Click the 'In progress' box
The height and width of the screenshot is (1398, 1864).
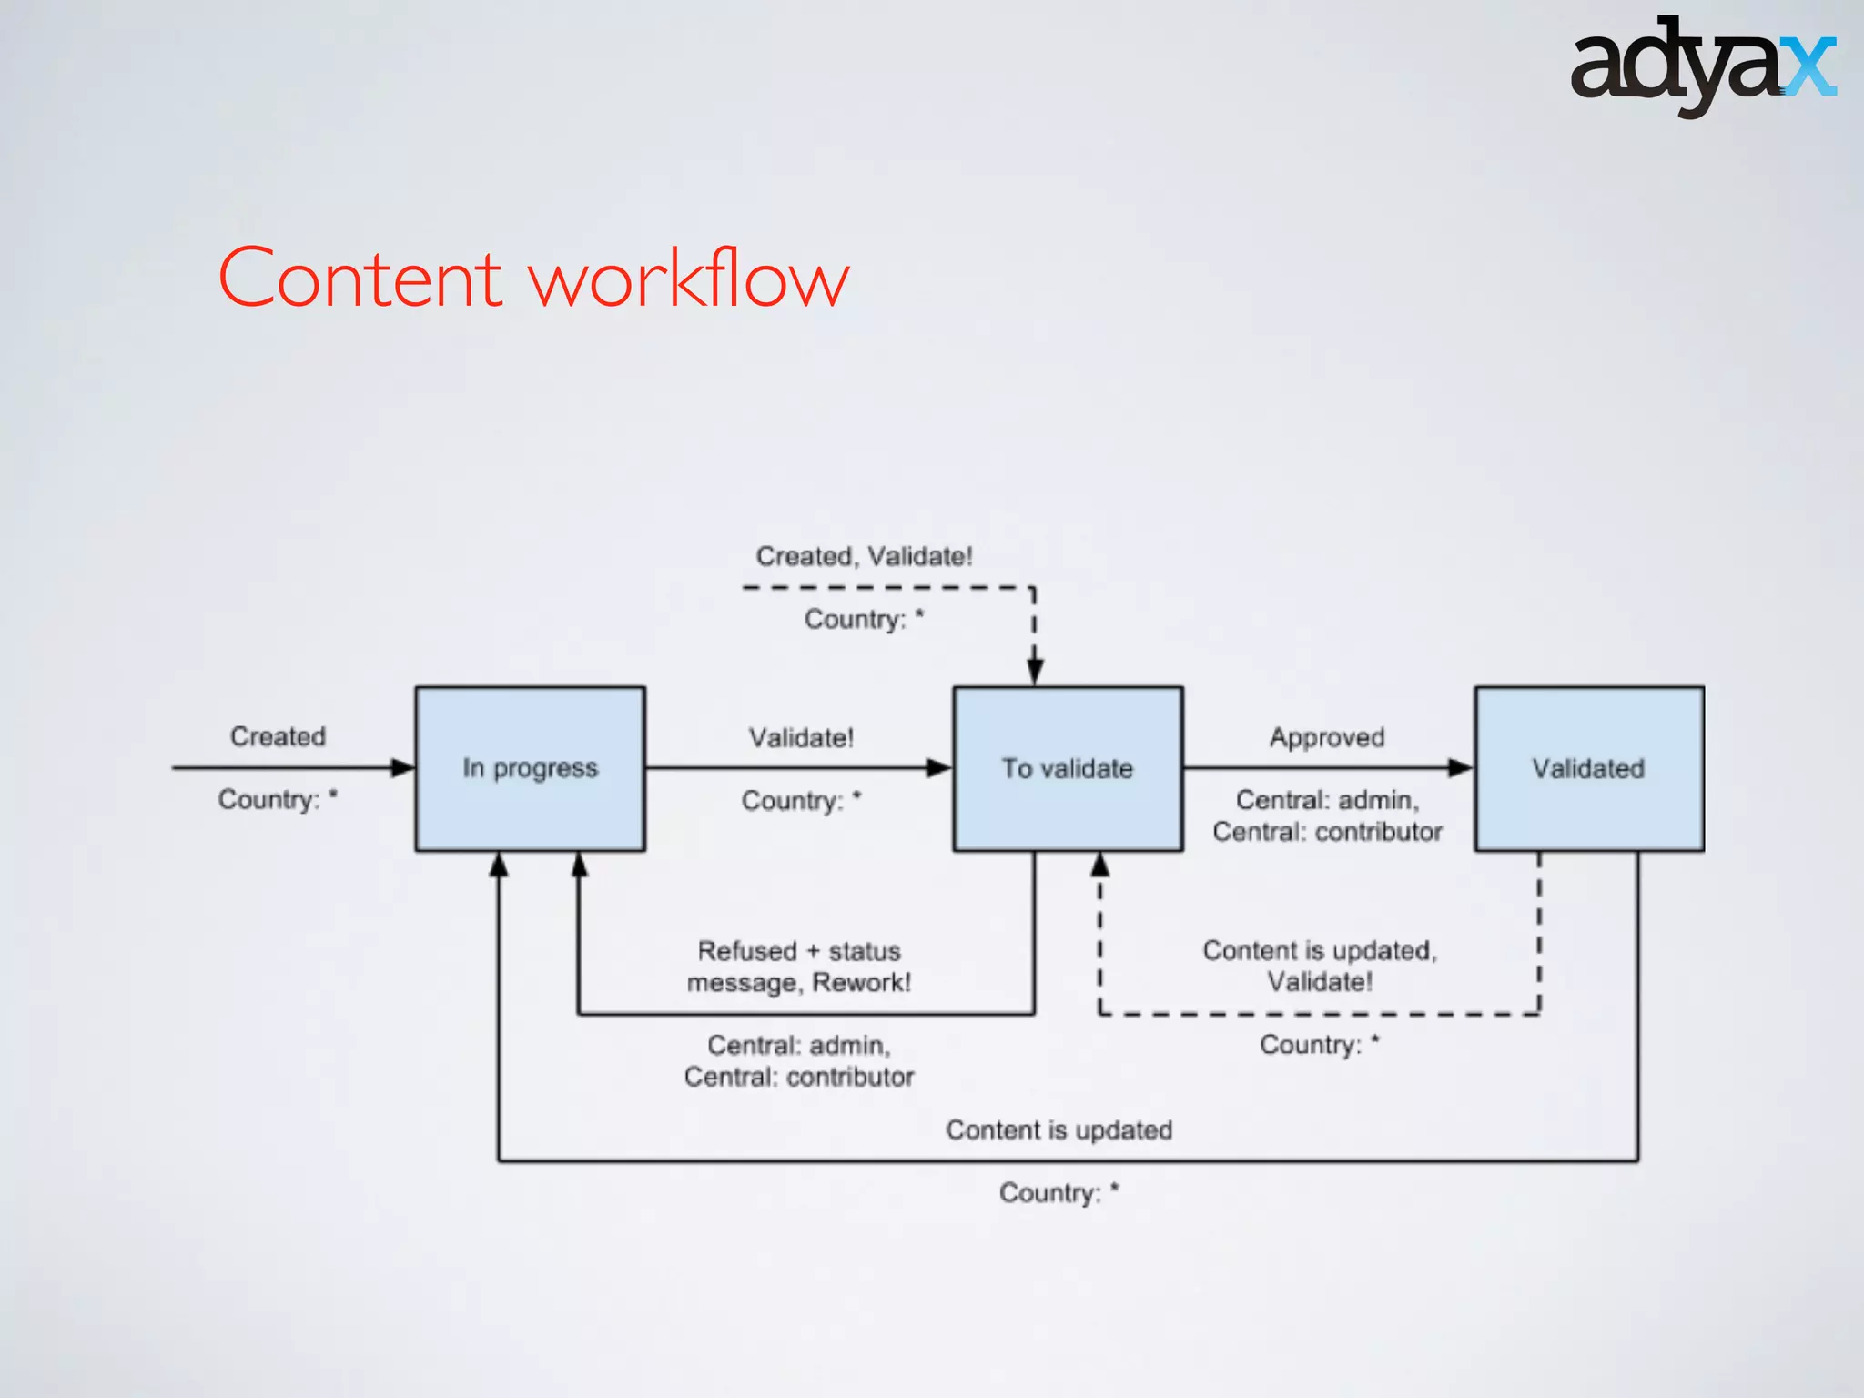(530, 768)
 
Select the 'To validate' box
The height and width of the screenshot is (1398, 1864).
(1068, 768)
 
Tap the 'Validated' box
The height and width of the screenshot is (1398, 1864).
(1588, 768)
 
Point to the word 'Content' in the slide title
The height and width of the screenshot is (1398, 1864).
(360, 279)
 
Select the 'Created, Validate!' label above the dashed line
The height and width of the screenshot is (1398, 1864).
(864, 556)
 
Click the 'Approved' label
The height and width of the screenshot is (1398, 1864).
(1327, 737)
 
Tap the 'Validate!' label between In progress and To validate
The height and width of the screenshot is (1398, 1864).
(801, 737)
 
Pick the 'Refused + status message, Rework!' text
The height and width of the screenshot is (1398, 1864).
(799, 967)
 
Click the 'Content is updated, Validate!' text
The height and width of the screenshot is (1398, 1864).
(1320, 966)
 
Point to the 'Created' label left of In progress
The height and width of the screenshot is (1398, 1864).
(278, 736)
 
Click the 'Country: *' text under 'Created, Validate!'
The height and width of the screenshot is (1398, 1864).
(864, 619)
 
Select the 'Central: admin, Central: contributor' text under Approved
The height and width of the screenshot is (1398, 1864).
(1327, 815)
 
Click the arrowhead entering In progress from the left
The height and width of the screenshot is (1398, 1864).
(402, 768)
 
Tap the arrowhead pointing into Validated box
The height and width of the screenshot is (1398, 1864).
(1460, 768)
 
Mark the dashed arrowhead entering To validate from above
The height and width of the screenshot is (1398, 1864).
(1035, 672)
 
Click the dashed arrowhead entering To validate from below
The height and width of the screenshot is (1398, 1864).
(1100, 865)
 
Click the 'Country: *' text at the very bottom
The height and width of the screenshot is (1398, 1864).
(1059, 1192)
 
